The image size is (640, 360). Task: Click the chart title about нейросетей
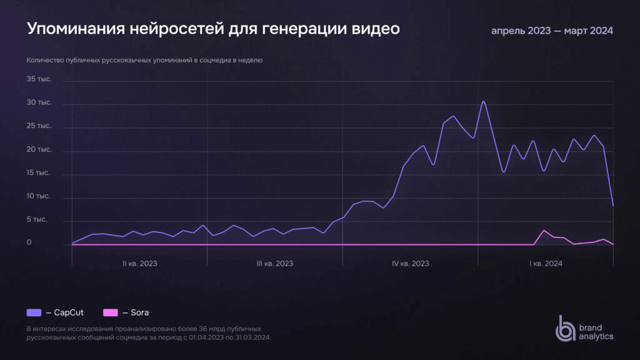click(212, 29)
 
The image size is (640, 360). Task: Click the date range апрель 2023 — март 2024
click(552, 31)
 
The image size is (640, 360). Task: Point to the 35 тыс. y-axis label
click(39, 79)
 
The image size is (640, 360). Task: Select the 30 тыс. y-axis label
click(39, 102)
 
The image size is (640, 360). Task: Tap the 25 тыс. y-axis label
click(39, 126)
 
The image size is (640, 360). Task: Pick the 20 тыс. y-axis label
click(39, 150)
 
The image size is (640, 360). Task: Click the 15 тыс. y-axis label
click(39, 173)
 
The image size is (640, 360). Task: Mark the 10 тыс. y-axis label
click(39, 196)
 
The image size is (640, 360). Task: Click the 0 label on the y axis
click(29, 243)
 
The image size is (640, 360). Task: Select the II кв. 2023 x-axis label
click(139, 264)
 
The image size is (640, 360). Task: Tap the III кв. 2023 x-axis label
click(275, 264)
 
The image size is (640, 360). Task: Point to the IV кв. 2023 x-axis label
click(410, 264)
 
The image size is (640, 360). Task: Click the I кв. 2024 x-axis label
click(546, 264)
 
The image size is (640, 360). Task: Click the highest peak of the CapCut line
click(483, 101)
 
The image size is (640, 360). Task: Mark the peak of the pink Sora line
click(544, 231)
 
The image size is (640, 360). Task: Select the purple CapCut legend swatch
click(34, 312)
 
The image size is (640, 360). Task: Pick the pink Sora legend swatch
click(111, 312)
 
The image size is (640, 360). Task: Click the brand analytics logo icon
click(566, 328)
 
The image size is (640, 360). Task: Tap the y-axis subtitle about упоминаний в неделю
click(144, 61)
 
